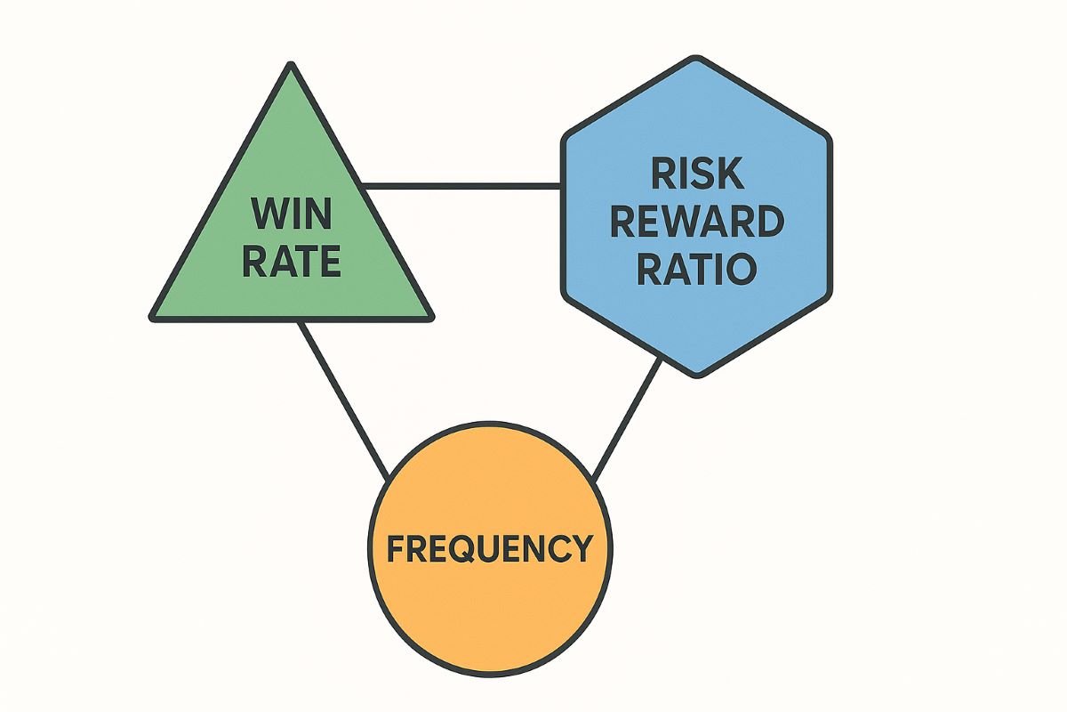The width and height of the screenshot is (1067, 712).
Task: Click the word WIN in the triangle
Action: coord(292,214)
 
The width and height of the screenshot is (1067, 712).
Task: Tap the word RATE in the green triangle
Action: coord(292,261)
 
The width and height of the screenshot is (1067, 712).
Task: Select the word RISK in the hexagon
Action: coord(697,174)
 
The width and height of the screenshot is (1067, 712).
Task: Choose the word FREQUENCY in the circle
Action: coord(490,547)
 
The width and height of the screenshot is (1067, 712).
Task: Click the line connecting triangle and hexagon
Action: coord(462,186)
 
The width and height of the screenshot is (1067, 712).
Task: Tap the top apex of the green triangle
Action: coord(291,64)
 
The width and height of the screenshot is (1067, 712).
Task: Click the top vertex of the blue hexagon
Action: coord(697,59)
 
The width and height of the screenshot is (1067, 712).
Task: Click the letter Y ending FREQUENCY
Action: coord(582,547)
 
